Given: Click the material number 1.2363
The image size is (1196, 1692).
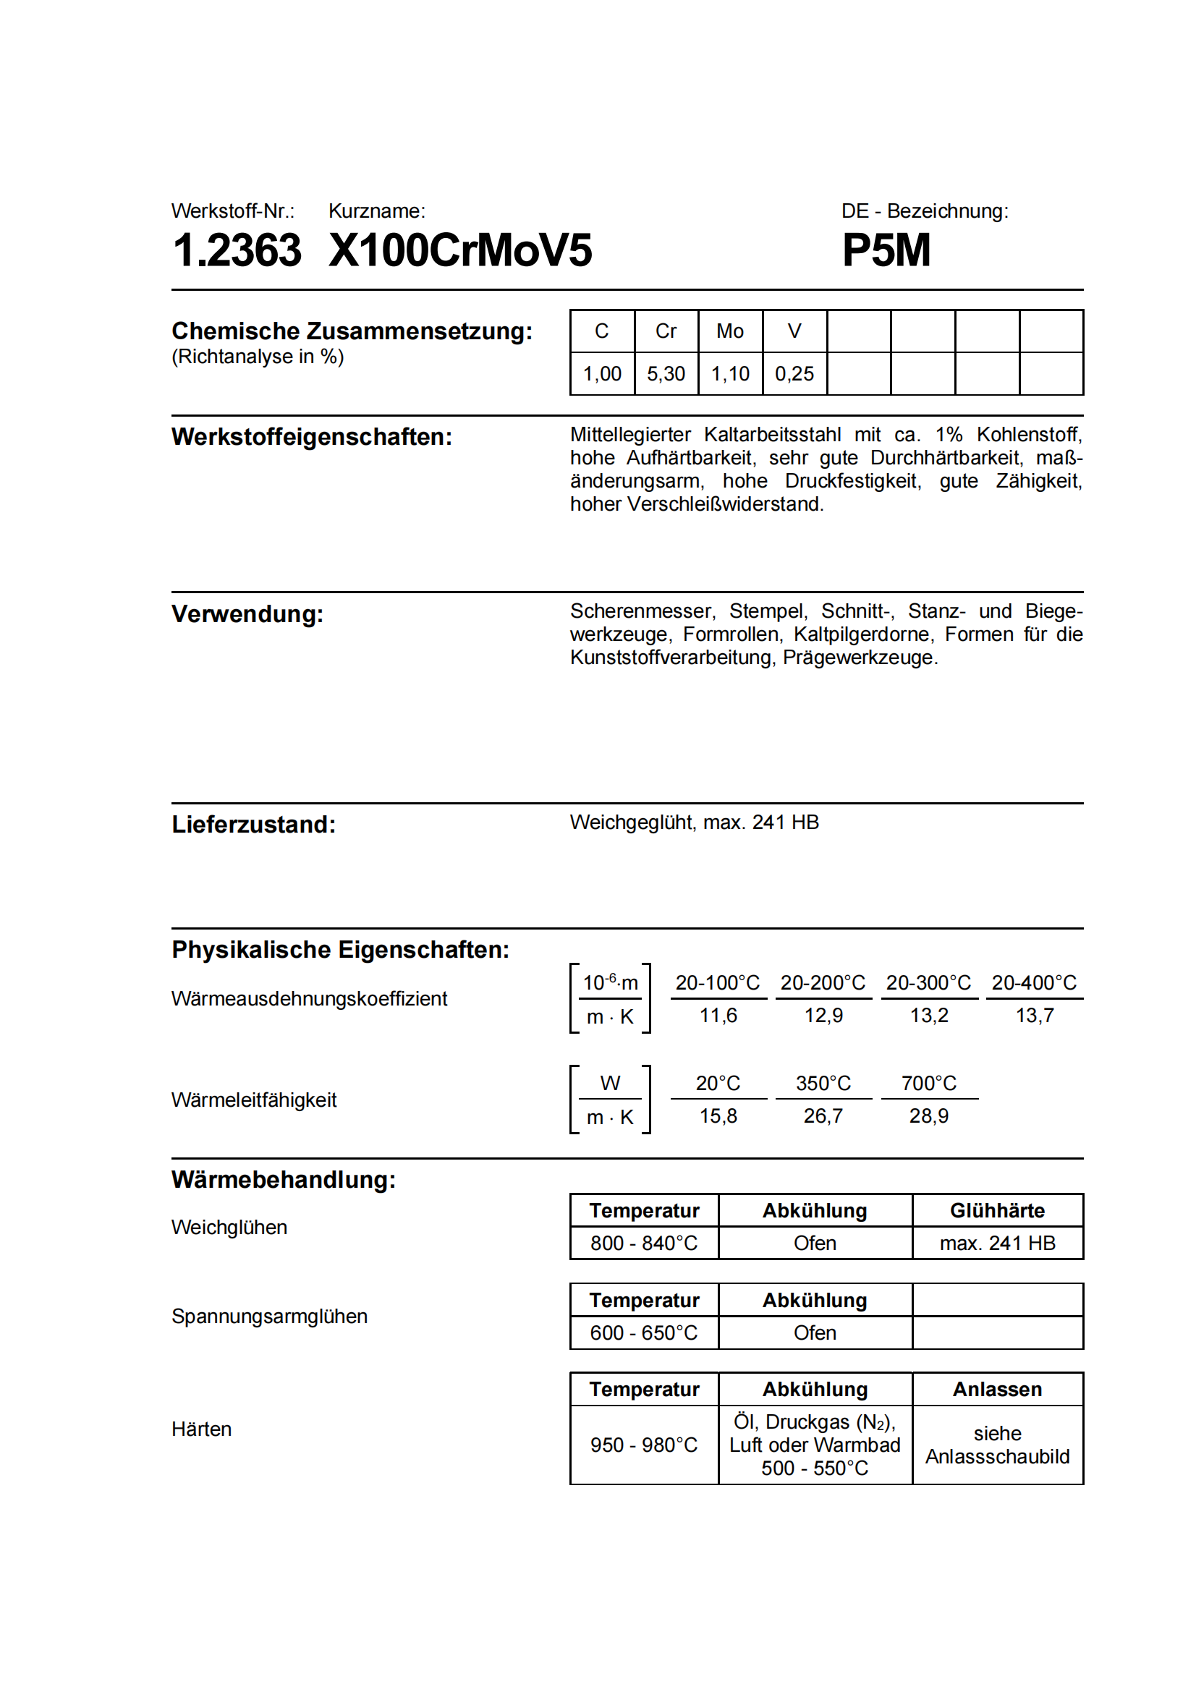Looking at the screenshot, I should click(x=237, y=250).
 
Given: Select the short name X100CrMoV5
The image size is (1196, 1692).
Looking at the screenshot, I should click(x=460, y=250).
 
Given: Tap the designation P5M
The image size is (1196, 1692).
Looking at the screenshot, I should click(x=886, y=250).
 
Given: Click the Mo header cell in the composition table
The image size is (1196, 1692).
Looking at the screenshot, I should click(x=729, y=331).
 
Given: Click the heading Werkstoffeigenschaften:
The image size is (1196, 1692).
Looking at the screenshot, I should click(x=312, y=437).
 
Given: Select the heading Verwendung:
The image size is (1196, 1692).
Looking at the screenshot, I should click(x=247, y=614).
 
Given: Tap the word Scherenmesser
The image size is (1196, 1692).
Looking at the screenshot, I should click(x=641, y=611).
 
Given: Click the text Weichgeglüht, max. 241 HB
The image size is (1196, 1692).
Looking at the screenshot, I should click(x=694, y=822).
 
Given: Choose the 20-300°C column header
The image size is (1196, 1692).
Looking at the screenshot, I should click(x=928, y=983).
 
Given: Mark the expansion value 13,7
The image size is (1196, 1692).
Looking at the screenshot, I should click(x=1035, y=1016).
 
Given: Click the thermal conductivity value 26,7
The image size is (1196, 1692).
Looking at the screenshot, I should click(x=823, y=1115).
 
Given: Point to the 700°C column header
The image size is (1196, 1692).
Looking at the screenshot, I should click(x=928, y=1084).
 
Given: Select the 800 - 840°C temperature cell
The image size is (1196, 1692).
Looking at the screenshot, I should click(x=644, y=1244).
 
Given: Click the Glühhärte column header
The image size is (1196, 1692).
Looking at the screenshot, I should click(x=997, y=1211).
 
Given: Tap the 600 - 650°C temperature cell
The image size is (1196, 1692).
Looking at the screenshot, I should click(x=644, y=1333).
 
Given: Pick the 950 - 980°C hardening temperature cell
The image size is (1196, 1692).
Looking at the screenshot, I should click(x=644, y=1445).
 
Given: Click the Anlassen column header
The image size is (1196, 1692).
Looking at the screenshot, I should click(x=997, y=1389).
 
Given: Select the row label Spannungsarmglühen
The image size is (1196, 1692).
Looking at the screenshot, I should click(x=270, y=1316).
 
